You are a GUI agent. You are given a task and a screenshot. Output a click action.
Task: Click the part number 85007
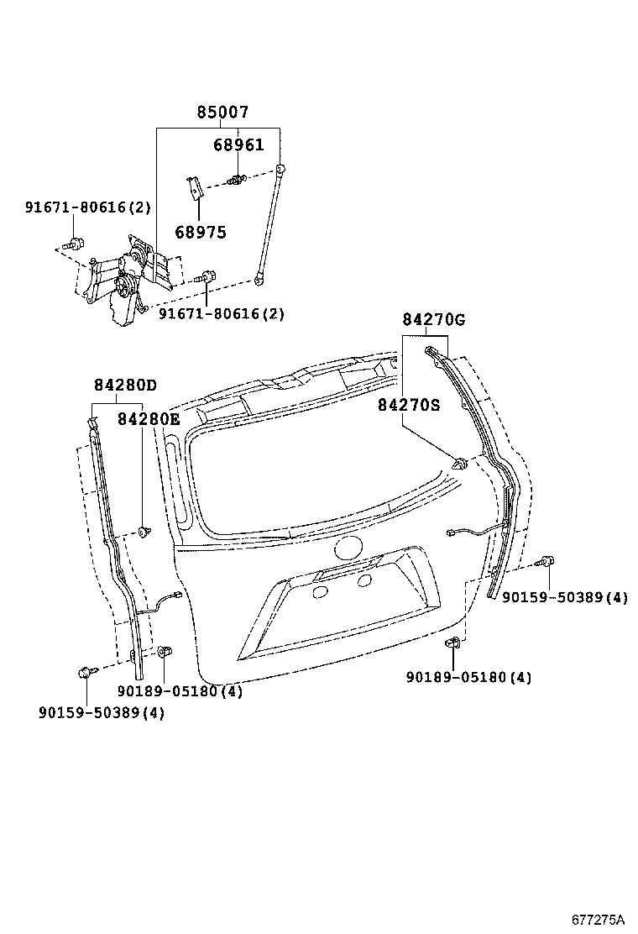click(222, 113)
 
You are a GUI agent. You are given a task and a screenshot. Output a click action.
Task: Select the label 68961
click(238, 144)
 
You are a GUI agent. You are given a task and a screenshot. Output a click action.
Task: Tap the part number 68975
click(201, 232)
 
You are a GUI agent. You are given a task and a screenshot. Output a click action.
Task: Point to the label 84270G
click(433, 320)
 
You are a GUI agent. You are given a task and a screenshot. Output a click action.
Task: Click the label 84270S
click(408, 405)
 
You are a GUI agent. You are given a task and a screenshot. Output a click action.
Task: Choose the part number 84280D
click(125, 386)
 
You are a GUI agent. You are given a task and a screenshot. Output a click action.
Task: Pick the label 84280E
click(149, 418)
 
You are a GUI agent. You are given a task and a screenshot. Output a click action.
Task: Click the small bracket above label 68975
click(194, 188)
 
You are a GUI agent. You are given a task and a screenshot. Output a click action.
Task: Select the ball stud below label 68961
click(238, 178)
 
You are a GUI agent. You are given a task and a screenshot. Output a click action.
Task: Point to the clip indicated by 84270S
click(459, 462)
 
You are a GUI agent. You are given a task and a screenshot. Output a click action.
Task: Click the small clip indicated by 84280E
click(144, 531)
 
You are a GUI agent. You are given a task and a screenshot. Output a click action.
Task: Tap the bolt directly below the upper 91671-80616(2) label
click(76, 244)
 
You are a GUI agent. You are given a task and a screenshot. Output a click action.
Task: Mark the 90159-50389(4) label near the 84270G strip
click(565, 597)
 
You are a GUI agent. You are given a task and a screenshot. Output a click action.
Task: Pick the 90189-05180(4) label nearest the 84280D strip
click(180, 690)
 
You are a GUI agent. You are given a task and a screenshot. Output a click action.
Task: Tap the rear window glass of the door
click(311, 479)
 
